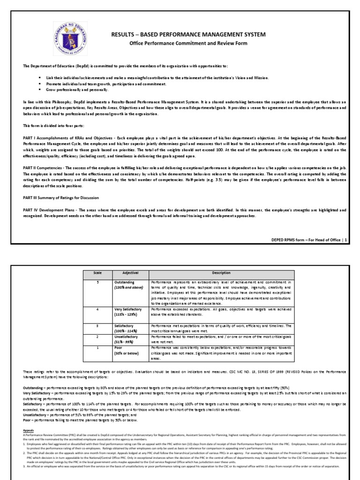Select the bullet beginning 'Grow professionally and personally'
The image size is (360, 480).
[75, 90]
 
